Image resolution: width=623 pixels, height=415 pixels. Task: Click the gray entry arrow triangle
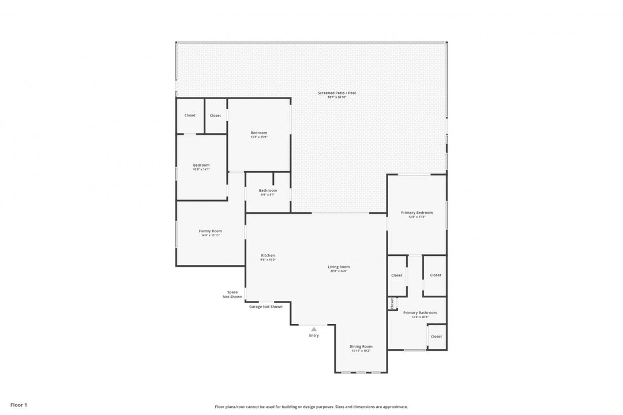tap(314, 329)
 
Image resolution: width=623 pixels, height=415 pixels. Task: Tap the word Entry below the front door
tap(314, 335)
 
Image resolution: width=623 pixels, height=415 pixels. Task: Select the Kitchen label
tap(268, 255)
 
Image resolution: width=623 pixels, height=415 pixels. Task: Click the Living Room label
tap(339, 267)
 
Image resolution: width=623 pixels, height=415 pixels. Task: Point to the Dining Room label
tap(361, 346)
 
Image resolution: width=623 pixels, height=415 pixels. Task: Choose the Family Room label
tap(210, 231)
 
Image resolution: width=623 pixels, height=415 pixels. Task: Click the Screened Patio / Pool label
tap(337, 93)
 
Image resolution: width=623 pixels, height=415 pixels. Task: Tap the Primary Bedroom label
tap(416, 213)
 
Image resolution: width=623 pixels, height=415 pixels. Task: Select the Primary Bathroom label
tap(419, 313)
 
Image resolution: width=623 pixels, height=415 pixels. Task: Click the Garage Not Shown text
tap(265, 307)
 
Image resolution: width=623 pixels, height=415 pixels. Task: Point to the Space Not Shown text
tap(232, 294)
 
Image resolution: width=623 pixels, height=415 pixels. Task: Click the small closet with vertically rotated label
tap(392, 303)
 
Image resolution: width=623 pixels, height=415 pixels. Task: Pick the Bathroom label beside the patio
tap(268, 191)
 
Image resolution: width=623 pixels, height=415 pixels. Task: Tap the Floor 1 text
tap(18, 405)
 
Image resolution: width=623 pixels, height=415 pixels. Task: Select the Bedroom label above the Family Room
tap(201, 165)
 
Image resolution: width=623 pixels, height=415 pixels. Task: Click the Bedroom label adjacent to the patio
tap(258, 133)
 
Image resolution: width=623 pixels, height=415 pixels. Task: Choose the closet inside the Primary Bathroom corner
tap(436, 337)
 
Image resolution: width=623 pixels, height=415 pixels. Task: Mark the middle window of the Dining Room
tap(361, 372)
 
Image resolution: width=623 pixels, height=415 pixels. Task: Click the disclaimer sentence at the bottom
tap(311, 407)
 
